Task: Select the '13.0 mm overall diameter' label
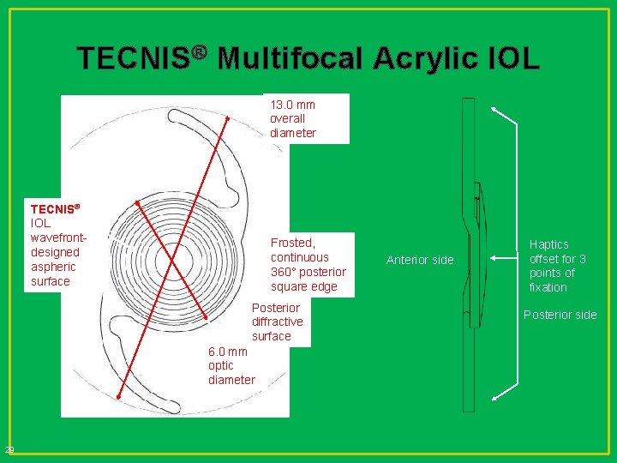coord(293,118)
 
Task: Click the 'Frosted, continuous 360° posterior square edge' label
coord(308,265)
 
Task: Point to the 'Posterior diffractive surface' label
coord(276,322)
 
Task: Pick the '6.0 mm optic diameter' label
coord(231,365)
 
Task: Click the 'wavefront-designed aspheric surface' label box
coord(56,244)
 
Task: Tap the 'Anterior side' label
coord(420,260)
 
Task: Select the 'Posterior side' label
coord(560,315)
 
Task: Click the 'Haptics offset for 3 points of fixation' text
coord(558,266)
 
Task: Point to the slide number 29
coord(9,450)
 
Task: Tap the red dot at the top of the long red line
coord(230,117)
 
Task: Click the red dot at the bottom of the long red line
coord(118,395)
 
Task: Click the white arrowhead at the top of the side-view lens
coord(494,109)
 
